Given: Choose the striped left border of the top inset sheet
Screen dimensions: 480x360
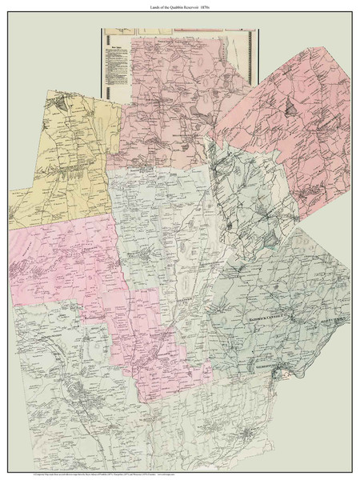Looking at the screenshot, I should point(102,64).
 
